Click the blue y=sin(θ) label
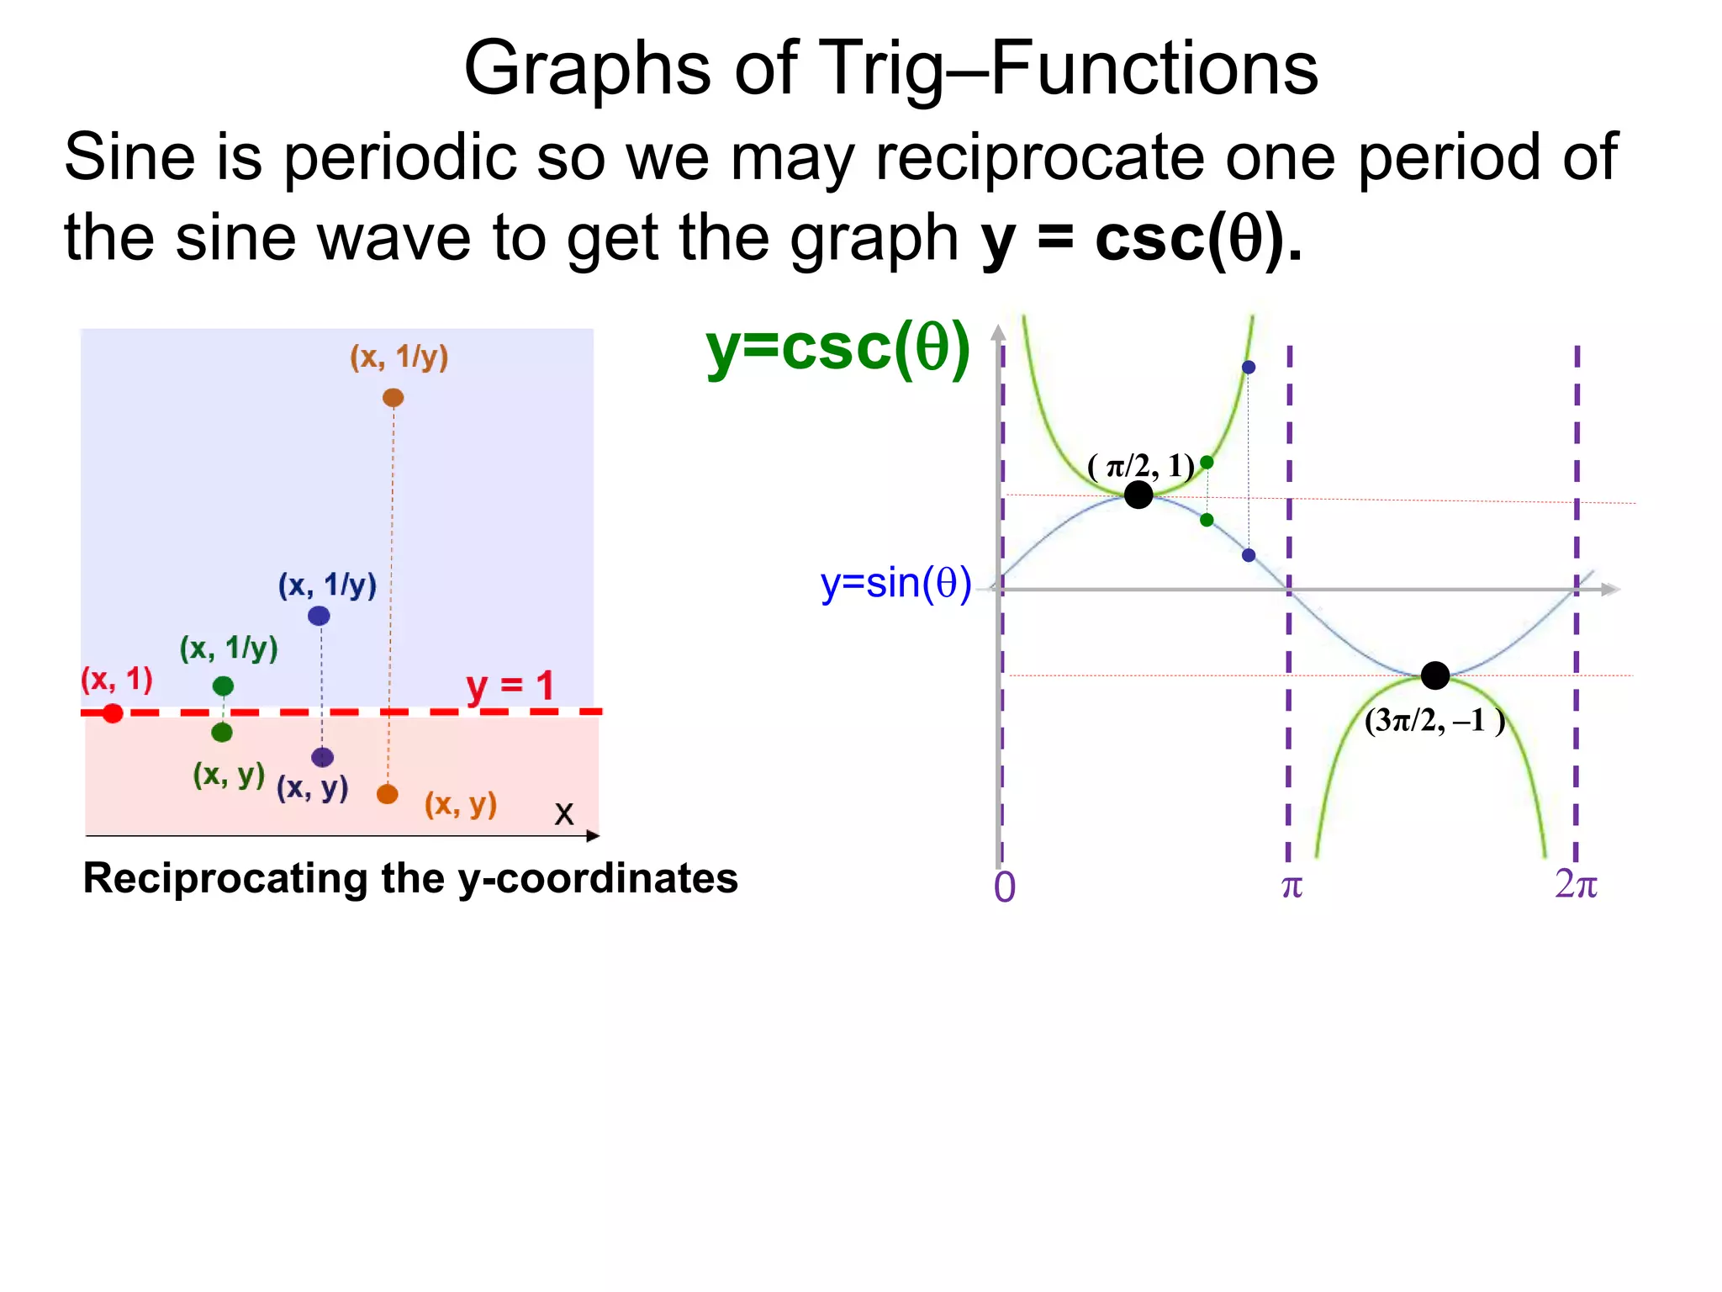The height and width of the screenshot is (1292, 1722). pyautogui.click(x=895, y=583)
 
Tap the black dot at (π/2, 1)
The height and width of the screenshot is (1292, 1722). pyautogui.click(x=1138, y=495)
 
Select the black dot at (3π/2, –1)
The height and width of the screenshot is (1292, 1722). pyautogui.click(x=1435, y=675)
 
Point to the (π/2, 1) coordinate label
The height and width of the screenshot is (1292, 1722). pyautogui.click(x=1141, y=465)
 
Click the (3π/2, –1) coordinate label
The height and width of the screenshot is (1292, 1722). pyautogui.click(x=1434, y=721)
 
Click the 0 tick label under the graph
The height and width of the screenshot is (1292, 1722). pyautogui.click(x=1005, y=887)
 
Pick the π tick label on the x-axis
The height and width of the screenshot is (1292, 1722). pyautogui.click(x=1291, y=886)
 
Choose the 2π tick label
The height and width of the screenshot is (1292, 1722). pyautogui.click(x=1576, y=884)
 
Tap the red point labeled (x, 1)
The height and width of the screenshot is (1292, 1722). pyautogui.click(x=113, y=713)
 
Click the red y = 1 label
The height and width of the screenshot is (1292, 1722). pyautogui.click(x=510, y=686)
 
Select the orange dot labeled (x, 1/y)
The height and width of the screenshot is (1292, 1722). pyautogui.click(x=393, y=398)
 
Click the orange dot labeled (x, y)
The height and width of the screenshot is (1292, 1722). pyautogui.click(x=387, y=794)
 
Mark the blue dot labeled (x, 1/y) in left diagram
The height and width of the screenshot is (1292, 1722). pyautogui.click(x=319, y=616)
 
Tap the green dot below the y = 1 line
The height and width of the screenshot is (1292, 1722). pyautogui.click(x=222, y=733)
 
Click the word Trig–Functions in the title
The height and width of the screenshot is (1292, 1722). pyautogui.click(x=1068, y=69)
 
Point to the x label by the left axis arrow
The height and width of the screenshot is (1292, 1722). pyautogui.click(x=564, y=813)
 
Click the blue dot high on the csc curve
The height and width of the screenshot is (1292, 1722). pyautogui.click(x=1249, y=368)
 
